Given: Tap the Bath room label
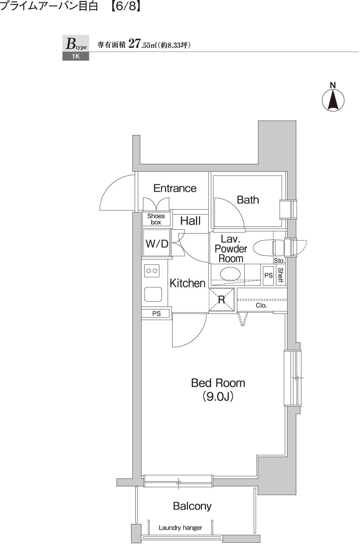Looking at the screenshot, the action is point(248,200).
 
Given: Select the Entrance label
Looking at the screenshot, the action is point(175,188).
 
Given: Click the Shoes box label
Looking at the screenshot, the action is point(156,219).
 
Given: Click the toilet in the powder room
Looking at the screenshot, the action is point(269,248).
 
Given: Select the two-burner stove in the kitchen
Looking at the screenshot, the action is point(151,271).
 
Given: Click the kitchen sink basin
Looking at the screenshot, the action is point(153,294).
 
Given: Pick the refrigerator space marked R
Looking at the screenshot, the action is point(221,300).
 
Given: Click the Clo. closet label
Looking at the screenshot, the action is point(261,305).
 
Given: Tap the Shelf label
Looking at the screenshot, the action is point(280,275).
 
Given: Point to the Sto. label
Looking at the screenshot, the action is point(279,261).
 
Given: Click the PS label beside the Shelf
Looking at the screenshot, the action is point(268,275).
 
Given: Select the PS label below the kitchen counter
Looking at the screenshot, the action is point(157,314).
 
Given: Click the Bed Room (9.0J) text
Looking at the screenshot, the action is point(218,390).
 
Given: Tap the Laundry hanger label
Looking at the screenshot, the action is point(180,528).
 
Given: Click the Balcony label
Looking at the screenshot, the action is point(192,506).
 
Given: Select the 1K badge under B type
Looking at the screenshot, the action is point(76,56).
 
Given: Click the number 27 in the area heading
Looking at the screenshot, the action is point(135,44).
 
